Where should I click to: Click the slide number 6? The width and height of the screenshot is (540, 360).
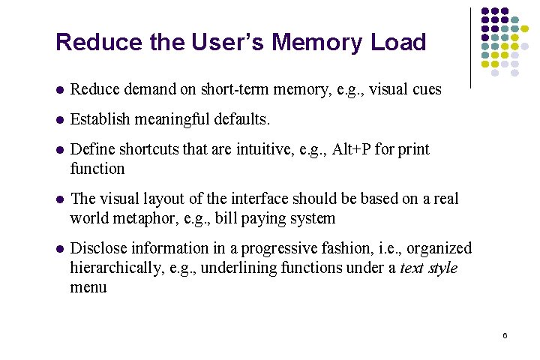(x=505, y=334)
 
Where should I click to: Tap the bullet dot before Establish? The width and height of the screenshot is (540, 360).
(x=59, y=120)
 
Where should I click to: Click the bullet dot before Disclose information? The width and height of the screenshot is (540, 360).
(x=59, y=249)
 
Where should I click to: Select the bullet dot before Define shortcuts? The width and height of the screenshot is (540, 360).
(x=59, y=150)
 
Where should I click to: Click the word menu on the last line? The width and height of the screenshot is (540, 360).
(x=88, y=287)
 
